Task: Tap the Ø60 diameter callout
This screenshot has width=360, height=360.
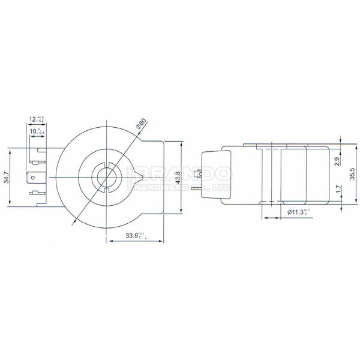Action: (141, 124)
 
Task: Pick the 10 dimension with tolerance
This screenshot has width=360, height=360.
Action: (37, 130)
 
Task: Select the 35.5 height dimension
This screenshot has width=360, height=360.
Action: (352, 173)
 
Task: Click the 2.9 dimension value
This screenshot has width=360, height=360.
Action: (337, 160)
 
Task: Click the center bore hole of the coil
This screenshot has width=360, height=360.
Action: (106, 176)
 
